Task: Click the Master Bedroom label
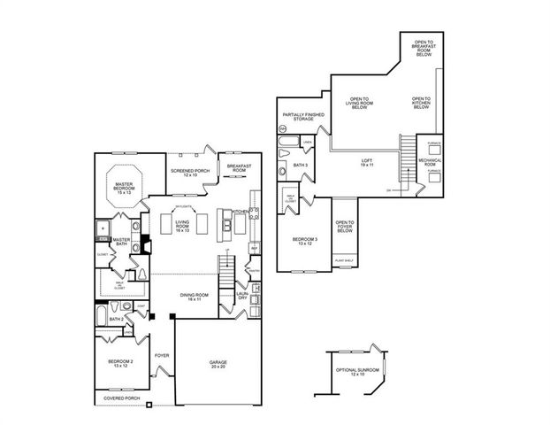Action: [x=124, y=188]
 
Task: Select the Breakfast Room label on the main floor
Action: [x=234, y=168]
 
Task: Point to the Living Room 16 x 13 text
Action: [x=184, y=226]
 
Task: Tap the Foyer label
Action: [x=162, y=355]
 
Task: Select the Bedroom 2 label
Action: [x=120, y=363]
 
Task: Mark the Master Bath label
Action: [x=122, y=242]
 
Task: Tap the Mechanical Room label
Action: [x=430, y=162]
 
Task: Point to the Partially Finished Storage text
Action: [x=303, y=118]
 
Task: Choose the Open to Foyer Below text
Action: [x=344, y=228]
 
